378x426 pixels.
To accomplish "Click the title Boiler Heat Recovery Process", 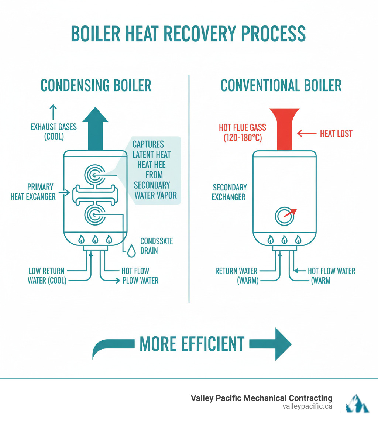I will pos(188,34).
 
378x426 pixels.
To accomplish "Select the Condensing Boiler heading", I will pos(96,85).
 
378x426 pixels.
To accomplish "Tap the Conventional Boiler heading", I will pos(281,85).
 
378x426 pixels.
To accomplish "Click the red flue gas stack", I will pos(284,129).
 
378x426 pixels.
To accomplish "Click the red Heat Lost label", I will pos(336,133).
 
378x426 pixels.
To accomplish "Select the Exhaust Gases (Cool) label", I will pos(54,132).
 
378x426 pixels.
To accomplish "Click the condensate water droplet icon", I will pos(131,251).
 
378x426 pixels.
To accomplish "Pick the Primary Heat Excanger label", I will pos(33,192).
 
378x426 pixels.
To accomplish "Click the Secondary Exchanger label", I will pos(229,192).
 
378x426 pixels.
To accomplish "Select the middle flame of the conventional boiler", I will pos(284,240).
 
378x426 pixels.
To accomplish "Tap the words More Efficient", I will pos(192,344).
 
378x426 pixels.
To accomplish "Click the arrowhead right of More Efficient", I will pos(282,344).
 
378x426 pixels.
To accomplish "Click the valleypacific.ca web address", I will pos(307,406).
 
